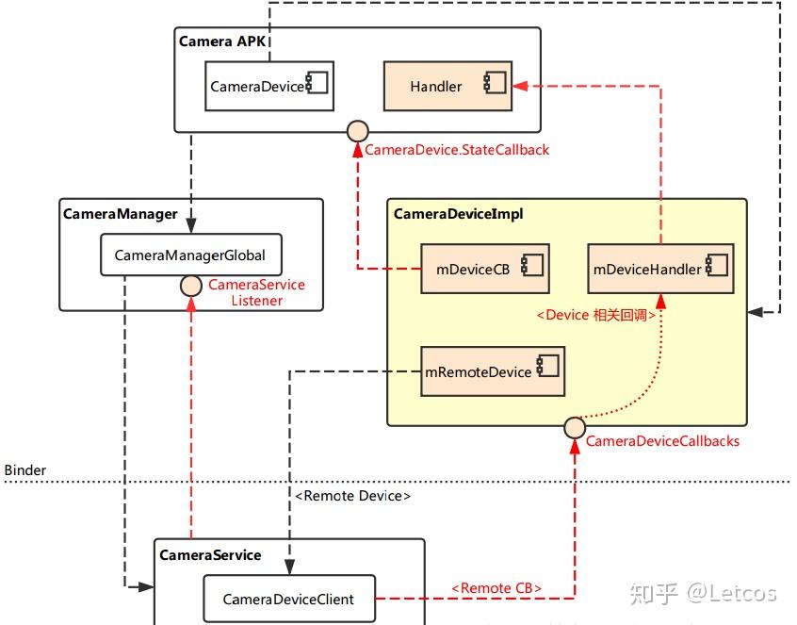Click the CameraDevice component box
pyautogui.click(x=268, y=87)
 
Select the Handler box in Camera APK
pyautogui.click(x=447, y=87)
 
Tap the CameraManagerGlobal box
pyautogui.click(x=190, y=255)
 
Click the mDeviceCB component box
pyautogui.click(x=484, y=269)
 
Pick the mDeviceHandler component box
pyautogui.click(x=660, y=269)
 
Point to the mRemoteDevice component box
pyautogui.click(x=491, y=371)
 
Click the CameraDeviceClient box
pyautogui.click(x=289, y=599)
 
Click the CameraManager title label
pyautogui.click(x=120, y=213)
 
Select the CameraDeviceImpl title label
pyautogui.click(x=458, y=214)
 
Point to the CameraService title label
pyautogui.click(x=210, y=554)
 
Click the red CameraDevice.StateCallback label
pyautogui.click(x=457, y=150)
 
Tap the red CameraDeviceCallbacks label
pyautogui.click(x=662, y=441)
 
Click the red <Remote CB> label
pyautogui.click(x=496, y=588)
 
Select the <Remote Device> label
pyautogui.click(x=352, y=495)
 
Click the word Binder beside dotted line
pyautogui.click(x=25, y=469)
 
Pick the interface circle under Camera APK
pyautogui.click(x=357, y=131)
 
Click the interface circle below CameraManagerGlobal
pyautogui.click(x=191, y=284)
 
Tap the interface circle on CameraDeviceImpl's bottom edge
pyautogui.click(x=575, y=427)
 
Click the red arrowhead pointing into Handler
pyautogui.click(x=518, y=86)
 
